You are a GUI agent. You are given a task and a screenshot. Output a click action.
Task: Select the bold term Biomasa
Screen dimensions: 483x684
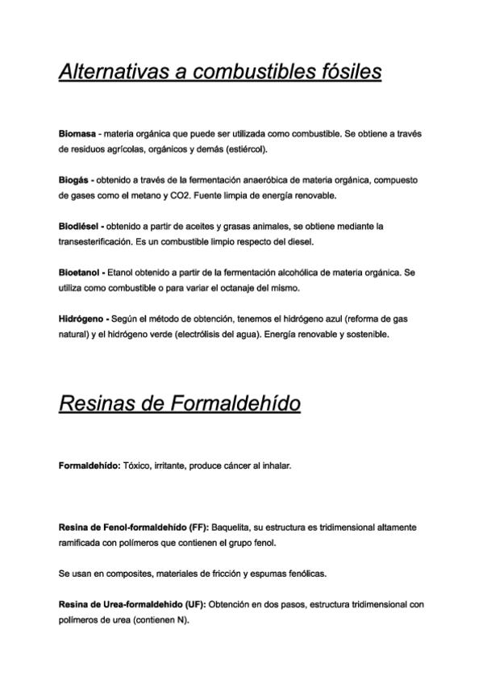[77, 133]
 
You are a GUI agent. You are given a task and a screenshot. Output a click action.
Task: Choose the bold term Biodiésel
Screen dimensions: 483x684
[80, 226]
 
